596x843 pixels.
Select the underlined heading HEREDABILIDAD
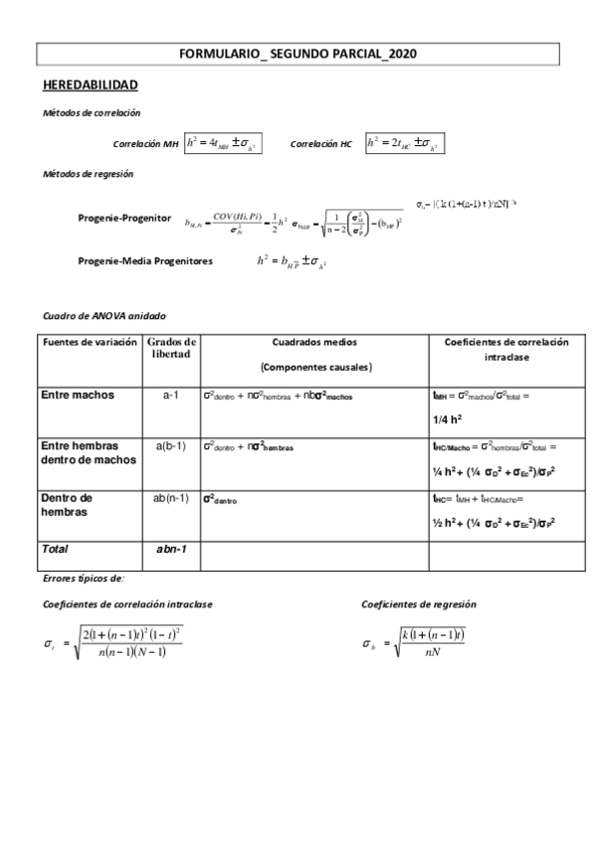click(90, 85)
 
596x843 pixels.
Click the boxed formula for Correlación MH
click(223, 143)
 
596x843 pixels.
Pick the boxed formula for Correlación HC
click(404, 143)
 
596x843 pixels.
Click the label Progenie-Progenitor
click(124, 218)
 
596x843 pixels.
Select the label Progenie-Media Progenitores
click(144, 260)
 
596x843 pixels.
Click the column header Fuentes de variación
click(81, 342)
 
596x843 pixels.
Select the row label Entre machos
click(78, 395)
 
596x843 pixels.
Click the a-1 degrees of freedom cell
click(170, 395)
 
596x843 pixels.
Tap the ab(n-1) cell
click(171, 498)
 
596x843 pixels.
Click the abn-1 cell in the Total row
click(171, 549)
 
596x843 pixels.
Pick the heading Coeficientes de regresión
click(418, 603)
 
